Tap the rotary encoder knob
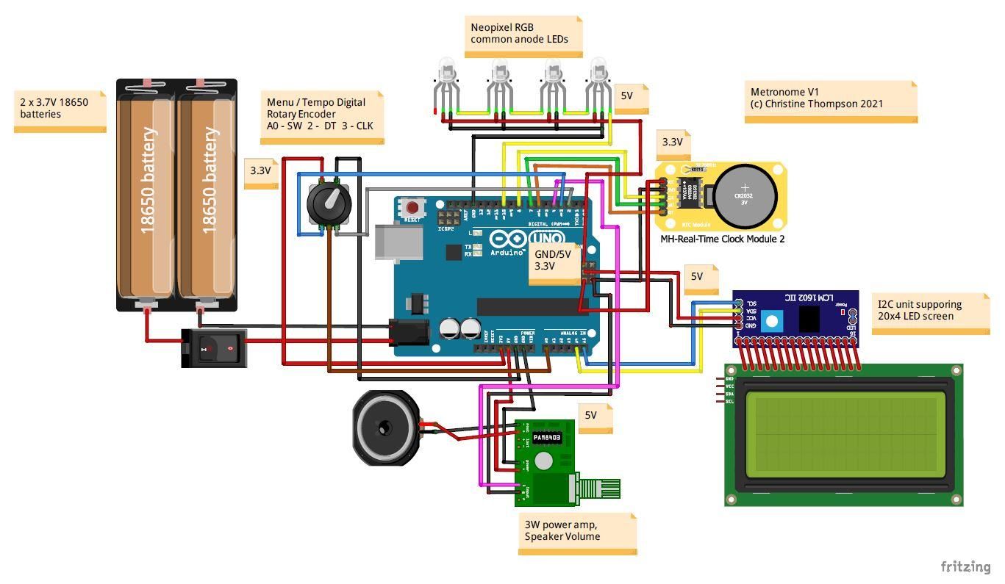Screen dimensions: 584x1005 (328, 198)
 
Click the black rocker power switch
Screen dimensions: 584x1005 (214, 347)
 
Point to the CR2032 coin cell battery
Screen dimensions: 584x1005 (745, 195)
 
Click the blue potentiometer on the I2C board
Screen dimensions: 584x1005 (771, 320)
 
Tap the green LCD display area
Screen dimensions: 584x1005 (845, 433)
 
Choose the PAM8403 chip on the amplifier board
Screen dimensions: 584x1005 (546, 437)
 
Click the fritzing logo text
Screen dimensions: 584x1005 (965, 566)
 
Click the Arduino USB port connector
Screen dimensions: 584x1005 (398, 242)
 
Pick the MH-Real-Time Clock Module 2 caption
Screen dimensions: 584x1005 (722, 239)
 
